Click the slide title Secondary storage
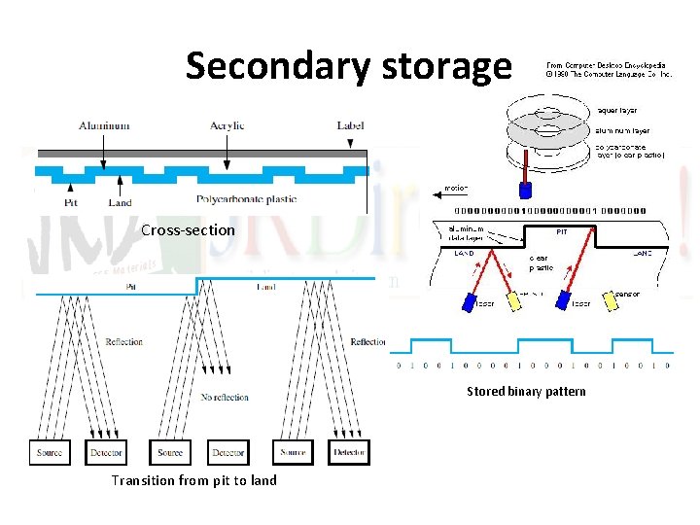click(349, 66)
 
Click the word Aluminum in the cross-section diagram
click(106, 125)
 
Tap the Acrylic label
click(227, 125)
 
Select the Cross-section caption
click(188, 230)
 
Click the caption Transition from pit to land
click(193, 480)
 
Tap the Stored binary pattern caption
click(526, 392)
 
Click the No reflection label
click(224, 397)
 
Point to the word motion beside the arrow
click(456, 188)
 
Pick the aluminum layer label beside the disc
click(623, 129)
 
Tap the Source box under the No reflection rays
click(169, 452)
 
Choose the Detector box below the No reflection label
click(228, 452)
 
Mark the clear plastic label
click(542, 263)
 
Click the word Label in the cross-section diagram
click(350, 125)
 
